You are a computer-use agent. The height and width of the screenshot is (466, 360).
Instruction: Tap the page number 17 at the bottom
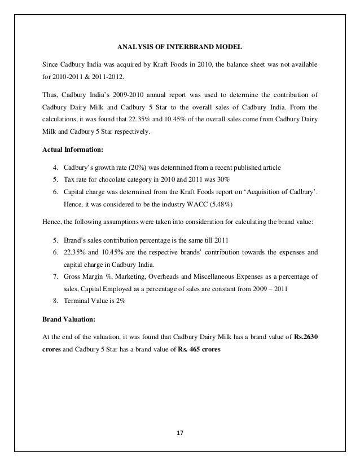coord(180,434)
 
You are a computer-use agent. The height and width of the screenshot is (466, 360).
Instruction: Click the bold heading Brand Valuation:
coord(65,319)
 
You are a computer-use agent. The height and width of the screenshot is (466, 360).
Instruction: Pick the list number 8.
coord(54,301)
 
